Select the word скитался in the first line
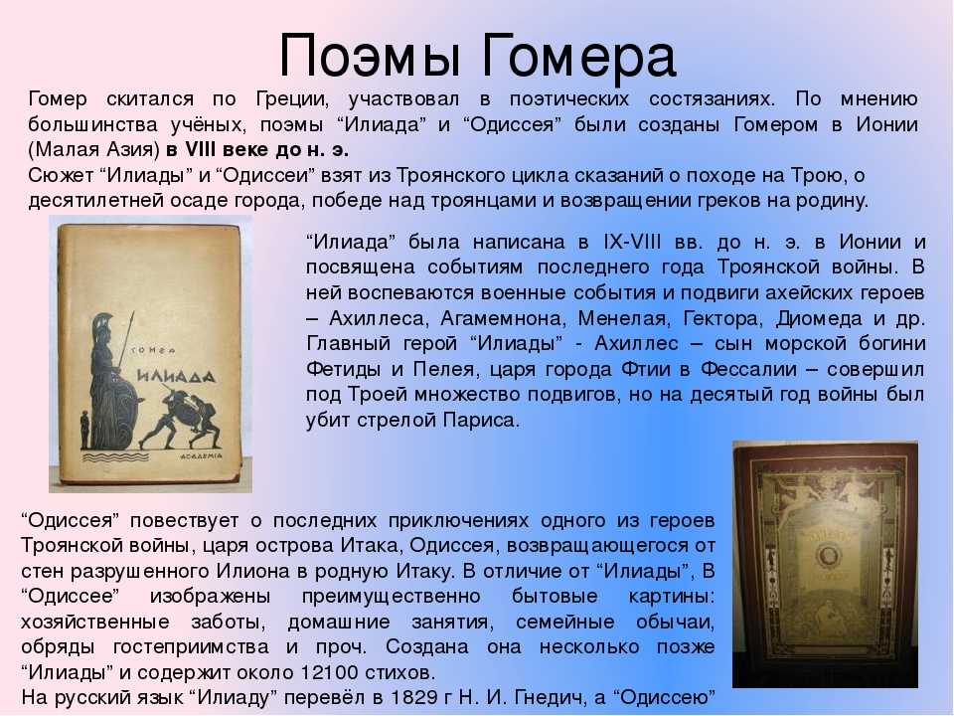click(150, 98)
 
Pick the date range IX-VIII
click(632, 242)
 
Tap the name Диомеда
click(819, 318)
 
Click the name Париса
click(481, 420)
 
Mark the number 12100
click(327, 673)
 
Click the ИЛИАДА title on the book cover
click(175, 376)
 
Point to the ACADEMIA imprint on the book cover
click(202, 455)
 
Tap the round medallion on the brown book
click(828, 556)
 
